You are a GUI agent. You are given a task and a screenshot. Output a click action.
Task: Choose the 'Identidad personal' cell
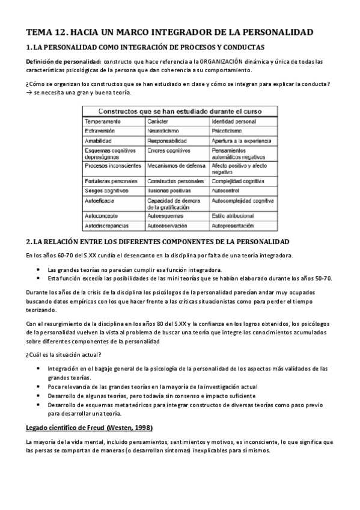click(x=234, y=121)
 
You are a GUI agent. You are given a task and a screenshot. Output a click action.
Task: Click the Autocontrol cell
click(x=229, y=190)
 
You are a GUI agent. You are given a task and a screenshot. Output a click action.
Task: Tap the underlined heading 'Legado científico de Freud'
click(x=89, y=428)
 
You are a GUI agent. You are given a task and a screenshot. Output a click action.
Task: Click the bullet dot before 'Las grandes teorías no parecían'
click(x=39, y=269)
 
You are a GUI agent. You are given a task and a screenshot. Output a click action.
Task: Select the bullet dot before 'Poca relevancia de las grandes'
click(x=39, y=387)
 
